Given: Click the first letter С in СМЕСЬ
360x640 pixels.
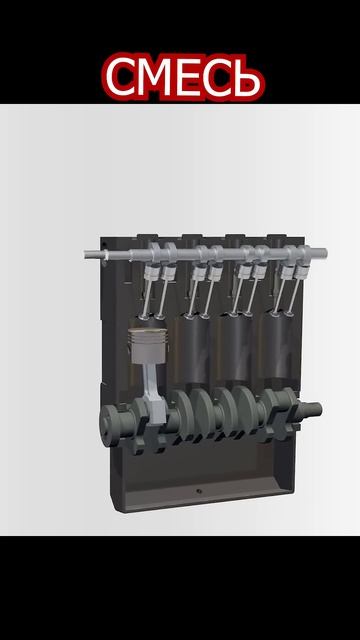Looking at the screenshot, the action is [x=121, y=77].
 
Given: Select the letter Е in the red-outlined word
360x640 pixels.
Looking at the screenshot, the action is [x=189, y=77].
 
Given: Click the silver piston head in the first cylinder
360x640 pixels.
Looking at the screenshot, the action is [x=148, y=345].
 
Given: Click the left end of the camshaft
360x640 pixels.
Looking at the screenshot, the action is [x=87, y=254].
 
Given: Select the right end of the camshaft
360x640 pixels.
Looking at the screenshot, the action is [x=324, y=253].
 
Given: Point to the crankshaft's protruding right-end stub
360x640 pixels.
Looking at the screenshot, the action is [x=312, y=410].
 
